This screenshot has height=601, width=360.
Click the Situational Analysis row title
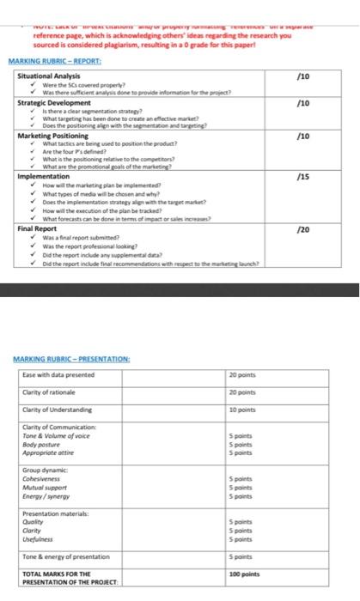pyautogui.click(x=52, y=76)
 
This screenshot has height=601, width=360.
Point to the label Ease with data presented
pyautogui.click(x=62, y=374)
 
